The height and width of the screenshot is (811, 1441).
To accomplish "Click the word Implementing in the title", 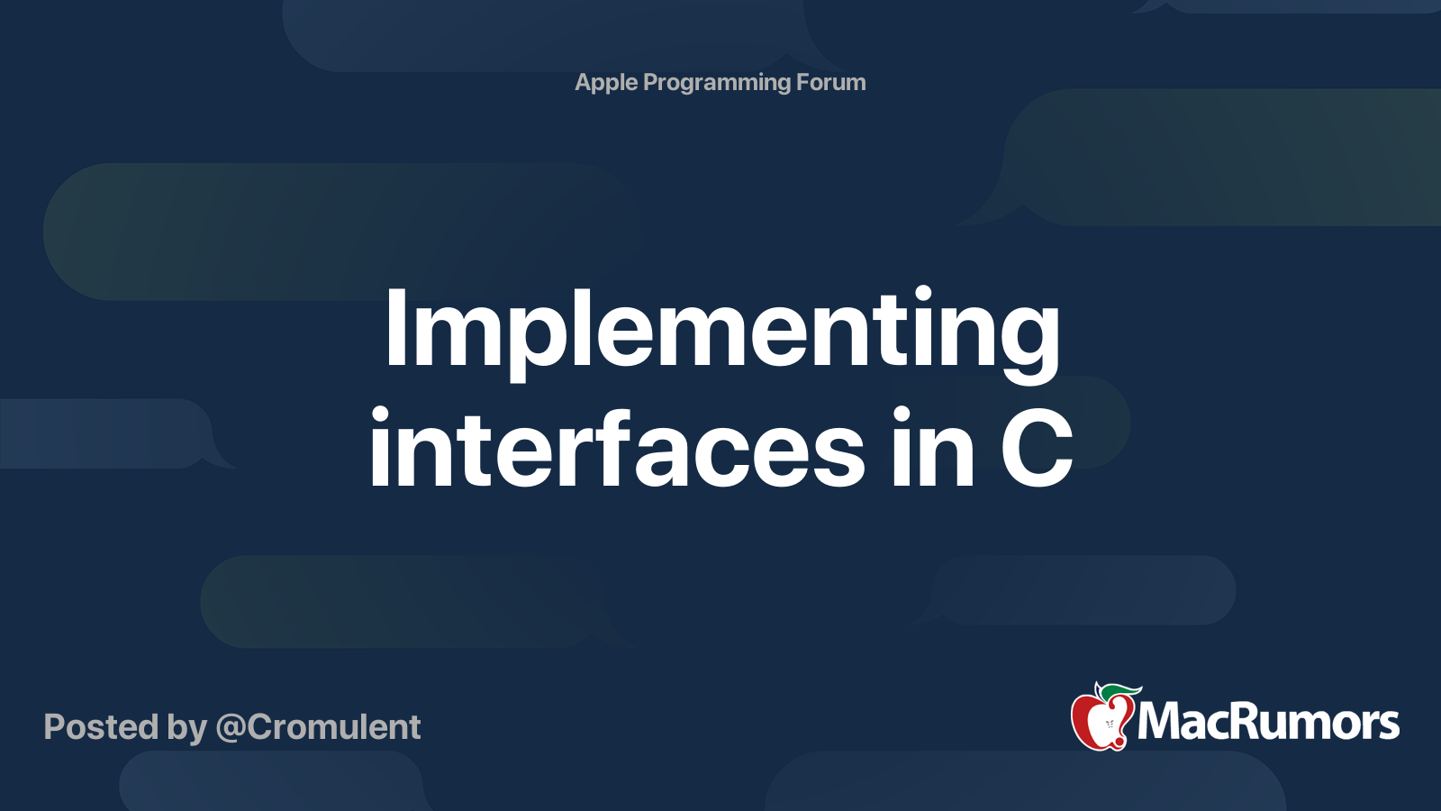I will (x=721, y=331).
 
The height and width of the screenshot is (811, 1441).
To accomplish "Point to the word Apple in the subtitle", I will (x=606, y=83).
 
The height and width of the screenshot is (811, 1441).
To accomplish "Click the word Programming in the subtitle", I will (x=717, y=83).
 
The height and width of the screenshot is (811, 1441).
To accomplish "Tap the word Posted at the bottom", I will (x=101, y=727).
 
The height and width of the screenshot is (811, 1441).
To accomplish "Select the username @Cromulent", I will (x=318, y=727).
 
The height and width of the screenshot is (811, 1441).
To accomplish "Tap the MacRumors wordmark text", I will (x=1268, y=722).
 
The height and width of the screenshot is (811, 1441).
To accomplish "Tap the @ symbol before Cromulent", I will (x=231, y=728).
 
